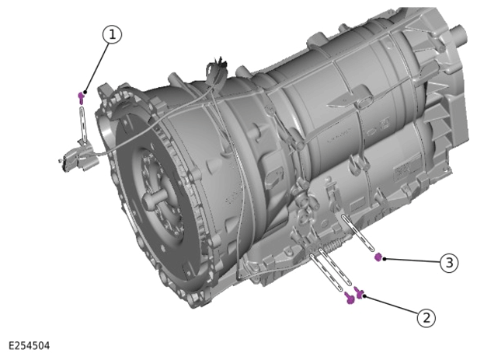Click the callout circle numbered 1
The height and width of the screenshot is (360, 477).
(112, 34)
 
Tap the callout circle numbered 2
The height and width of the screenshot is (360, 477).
(427, 318)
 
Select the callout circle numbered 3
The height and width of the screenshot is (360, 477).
(449, 262)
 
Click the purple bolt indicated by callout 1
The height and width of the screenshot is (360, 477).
(81, 97)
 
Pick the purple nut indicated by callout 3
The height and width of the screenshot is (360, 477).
(378, 257)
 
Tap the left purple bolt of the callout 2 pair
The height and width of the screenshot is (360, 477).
(350, 298)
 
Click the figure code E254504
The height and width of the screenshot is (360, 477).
(29, 346)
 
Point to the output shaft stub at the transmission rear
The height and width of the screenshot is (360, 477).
(459, 34)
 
